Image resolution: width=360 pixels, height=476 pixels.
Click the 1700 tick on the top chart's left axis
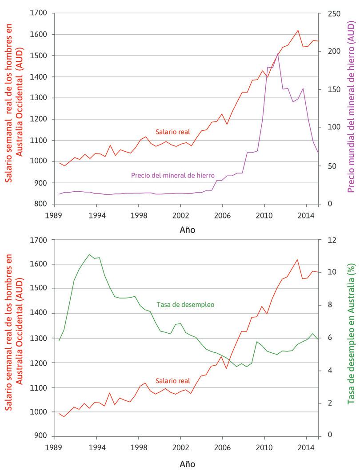[x=40, y=13]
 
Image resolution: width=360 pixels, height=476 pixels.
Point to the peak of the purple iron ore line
[x=278, y=54]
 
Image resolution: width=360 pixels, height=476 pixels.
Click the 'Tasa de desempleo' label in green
[x=185, y=305]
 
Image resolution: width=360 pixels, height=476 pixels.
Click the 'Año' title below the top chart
[x=187, y=230]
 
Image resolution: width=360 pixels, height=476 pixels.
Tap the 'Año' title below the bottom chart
[x=187, y=464]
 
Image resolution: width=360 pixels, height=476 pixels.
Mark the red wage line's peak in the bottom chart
[x=297, y=259]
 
